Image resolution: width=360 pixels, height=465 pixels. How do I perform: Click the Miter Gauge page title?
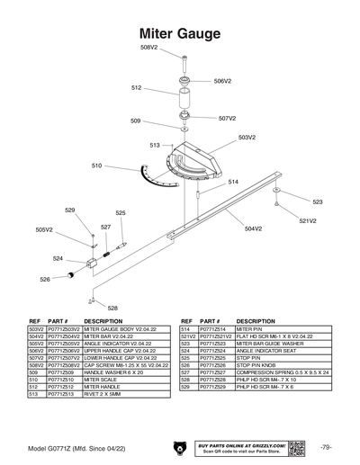point(179,33)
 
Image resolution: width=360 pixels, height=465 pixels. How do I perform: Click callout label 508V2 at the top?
point(148,46)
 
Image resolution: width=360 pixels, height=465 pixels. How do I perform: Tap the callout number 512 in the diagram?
point(136,88)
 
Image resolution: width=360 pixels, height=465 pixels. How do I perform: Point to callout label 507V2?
point(227,118)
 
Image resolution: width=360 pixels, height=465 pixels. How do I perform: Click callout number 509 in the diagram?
point(135,121)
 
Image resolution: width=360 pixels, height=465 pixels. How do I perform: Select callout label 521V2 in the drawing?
point(309,220)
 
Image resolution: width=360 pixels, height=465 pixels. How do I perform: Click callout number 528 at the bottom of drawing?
point(112,308)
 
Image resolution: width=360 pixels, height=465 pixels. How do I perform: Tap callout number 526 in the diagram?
point(45,279)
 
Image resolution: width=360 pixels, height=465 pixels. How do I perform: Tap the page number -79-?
point(325,447)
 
